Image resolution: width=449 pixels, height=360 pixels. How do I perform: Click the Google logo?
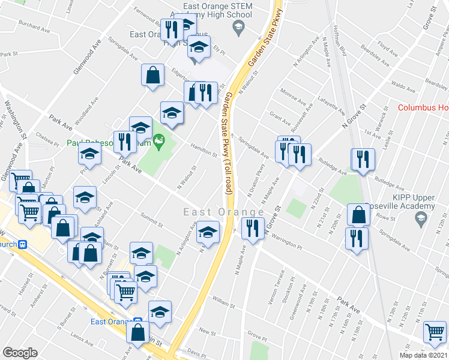coord(20,353)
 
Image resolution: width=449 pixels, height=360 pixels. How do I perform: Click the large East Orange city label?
coord(224,213)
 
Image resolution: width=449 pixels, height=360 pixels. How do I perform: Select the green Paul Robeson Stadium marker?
coord(158,142)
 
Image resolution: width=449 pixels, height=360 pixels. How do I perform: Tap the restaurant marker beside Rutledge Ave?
coord(363,160)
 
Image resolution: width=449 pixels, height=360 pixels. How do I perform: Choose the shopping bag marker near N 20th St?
coord(358,214)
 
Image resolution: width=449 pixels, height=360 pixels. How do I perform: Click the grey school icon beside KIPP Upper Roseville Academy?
coord(422,217)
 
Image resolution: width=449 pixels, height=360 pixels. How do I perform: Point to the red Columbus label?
coord(423,108)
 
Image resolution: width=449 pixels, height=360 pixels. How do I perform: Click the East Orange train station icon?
coord(137,322)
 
